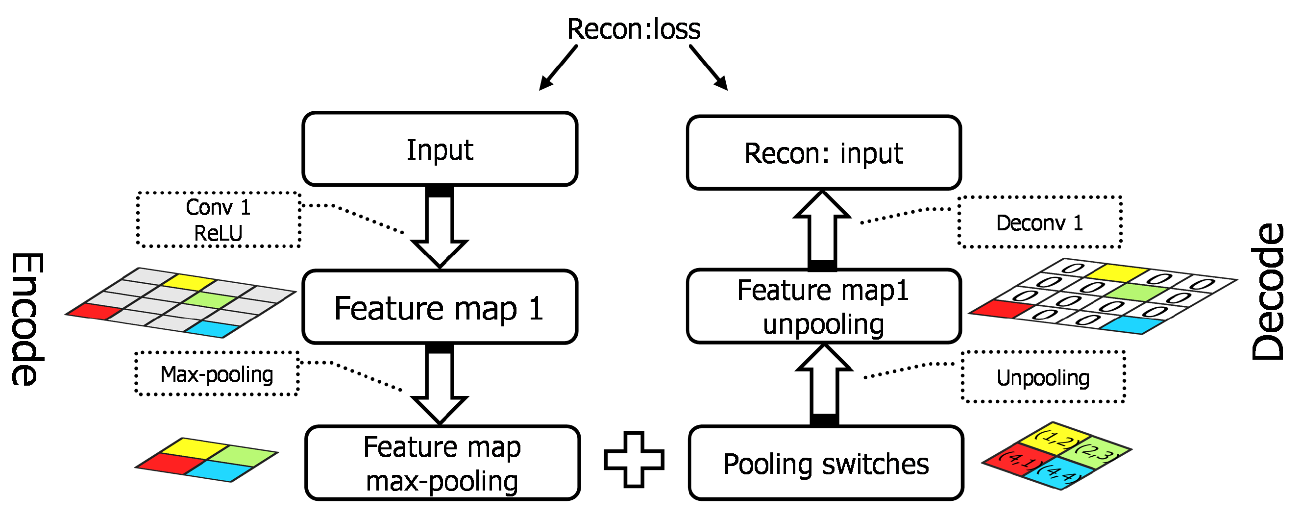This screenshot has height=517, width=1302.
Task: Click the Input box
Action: click(439, 149)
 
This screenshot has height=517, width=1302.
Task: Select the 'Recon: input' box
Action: click(823, 153)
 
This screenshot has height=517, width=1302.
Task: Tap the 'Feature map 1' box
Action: click(439, 307)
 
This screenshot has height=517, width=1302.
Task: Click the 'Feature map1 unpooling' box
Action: click(823, 307)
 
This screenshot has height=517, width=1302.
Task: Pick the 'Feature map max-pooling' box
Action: click(442, 464)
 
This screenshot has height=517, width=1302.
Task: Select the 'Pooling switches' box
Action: click(825, 464)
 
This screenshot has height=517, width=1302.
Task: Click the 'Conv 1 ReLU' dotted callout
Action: click(219, 220)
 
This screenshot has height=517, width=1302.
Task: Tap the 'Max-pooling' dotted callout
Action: click(217, 374)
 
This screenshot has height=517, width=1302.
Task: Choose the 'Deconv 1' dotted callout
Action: click(1040, 222)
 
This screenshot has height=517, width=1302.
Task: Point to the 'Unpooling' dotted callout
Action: click(1043, 377)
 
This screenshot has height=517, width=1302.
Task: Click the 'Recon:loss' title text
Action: click(633, 29)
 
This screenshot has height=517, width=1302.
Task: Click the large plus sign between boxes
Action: click(634, 459)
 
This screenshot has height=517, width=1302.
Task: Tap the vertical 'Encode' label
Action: click(26, 320)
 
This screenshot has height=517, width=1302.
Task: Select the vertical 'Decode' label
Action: click(1268, 292)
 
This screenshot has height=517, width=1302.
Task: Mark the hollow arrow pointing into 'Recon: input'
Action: click(822, 227)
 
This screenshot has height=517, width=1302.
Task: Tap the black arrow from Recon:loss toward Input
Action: click(558, 68)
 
